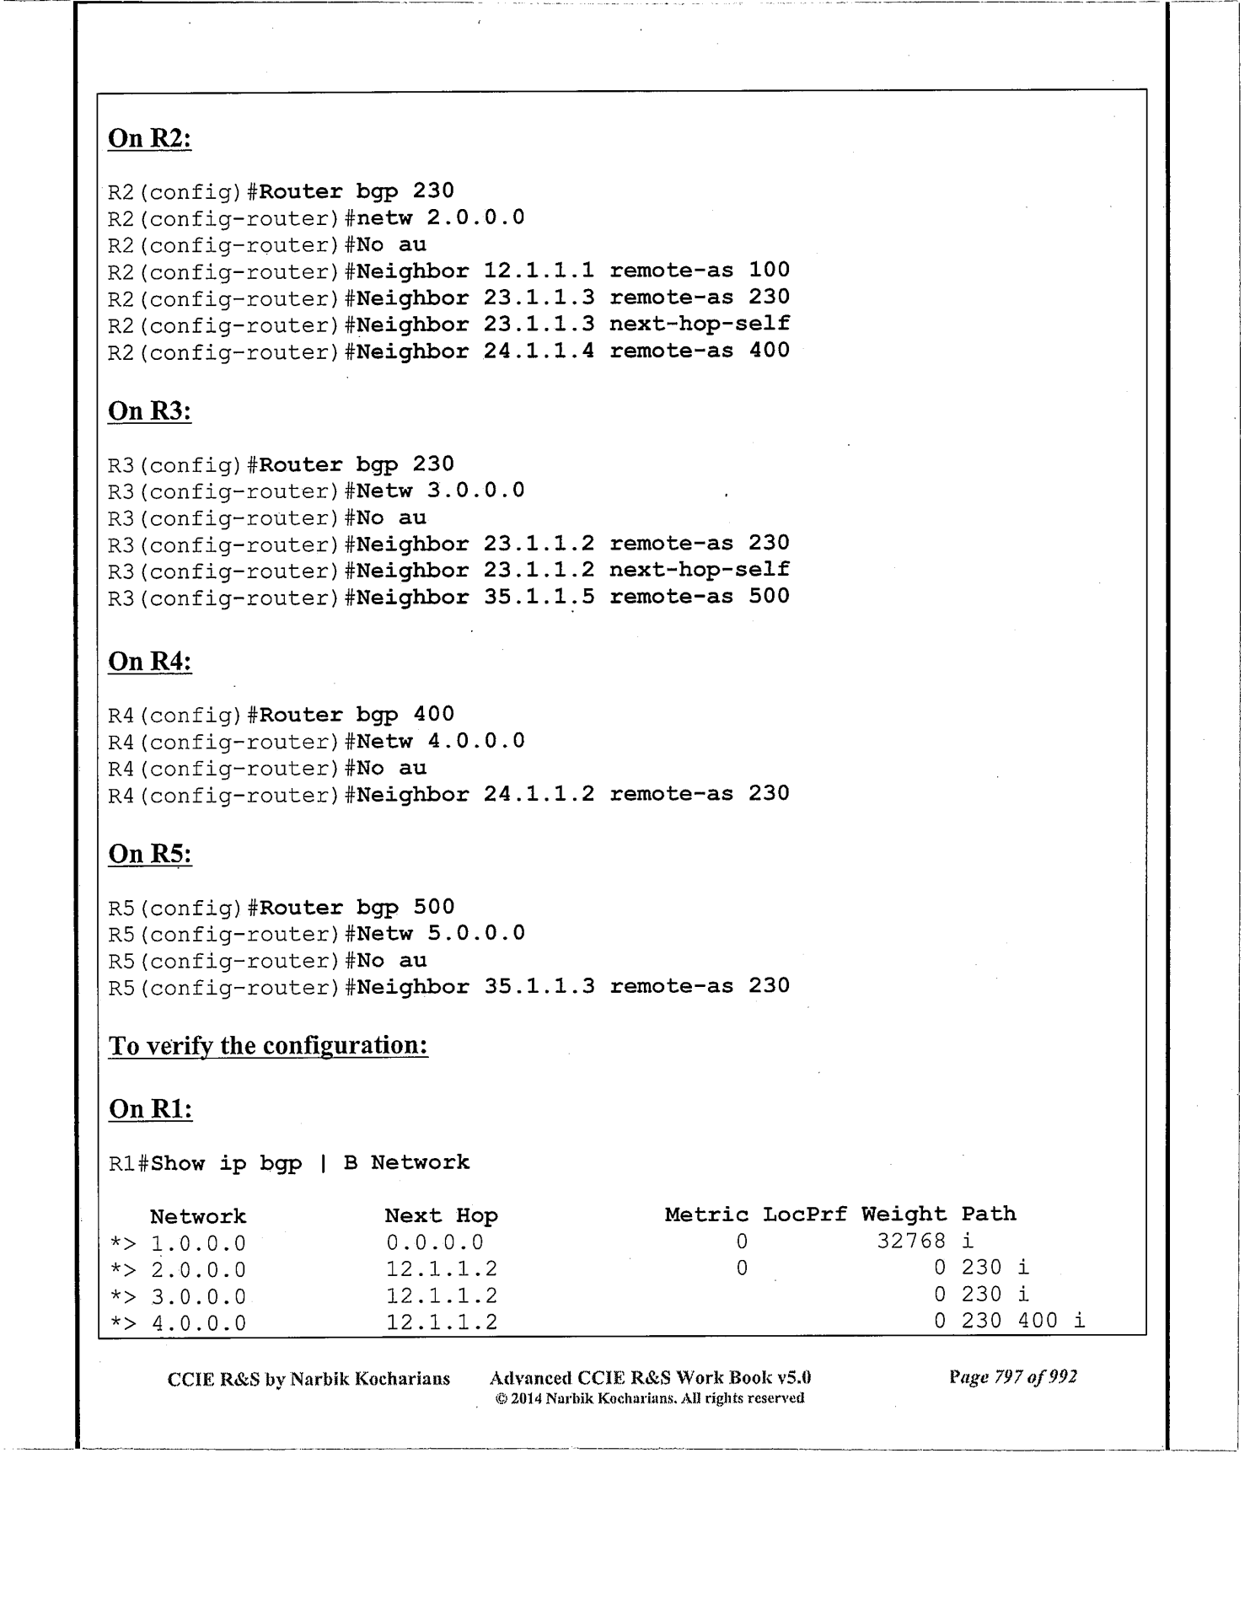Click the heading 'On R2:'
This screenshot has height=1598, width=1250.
[150, 138]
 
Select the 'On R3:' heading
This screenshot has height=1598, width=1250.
[150, 411]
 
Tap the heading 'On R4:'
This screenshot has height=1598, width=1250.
[150, 662]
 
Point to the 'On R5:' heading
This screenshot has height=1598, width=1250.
[150, 854]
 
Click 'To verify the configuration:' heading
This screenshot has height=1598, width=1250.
[268, 1046]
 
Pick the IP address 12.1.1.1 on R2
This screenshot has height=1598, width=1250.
[539, 271]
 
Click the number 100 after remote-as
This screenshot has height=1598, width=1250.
[769, 271]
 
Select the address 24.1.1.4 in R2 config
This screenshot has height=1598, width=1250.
[539, 351]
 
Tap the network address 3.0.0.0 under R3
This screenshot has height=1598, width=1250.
[476, 491]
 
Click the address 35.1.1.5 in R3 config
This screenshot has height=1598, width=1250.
[539, 597]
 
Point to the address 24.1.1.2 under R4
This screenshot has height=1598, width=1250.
[539, 794]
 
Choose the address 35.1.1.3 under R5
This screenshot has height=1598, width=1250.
[539, 986]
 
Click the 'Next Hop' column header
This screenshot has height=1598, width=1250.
[441, 1215]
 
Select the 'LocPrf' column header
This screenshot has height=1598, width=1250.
[804, 1215]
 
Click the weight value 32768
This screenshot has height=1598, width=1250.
[911, 1241]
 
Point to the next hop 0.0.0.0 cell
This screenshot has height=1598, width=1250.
[435, 1242]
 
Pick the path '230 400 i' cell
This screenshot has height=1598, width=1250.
[1022, 1321]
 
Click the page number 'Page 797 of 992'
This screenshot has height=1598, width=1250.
[1012, 1377]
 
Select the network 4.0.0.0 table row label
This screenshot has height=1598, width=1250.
[198, 1323]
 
